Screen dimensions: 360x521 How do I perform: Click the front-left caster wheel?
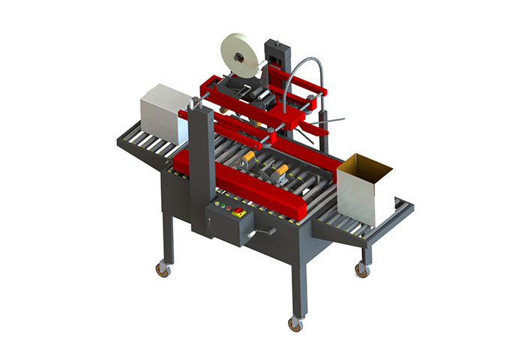click(161, 268)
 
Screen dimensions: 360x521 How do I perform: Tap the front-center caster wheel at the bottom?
click(295, 323)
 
